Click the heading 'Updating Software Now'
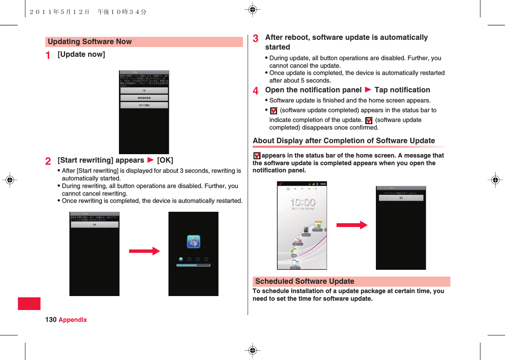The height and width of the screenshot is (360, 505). pyautogui.click(x=90, y=42)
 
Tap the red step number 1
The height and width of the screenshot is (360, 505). pyautogui.click(x=49, y=55)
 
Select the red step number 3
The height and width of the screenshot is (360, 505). pyautogui.click(x=256, y=39)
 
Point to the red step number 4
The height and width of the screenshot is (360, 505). pyautogui.click(x=256, y=91)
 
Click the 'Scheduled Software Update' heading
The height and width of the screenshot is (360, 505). pyautogui.click(x=305, y=281)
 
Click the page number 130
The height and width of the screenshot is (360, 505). pyautogui.click(x=51, y=320)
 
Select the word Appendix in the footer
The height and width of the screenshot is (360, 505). pyautogui.click(x=73, y=320)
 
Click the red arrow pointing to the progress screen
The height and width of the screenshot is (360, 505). pyautogui.click(x=144, y=252)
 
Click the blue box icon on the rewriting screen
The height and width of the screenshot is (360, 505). pyautogui.click(x=193, y=241)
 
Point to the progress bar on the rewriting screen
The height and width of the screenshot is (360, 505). pyautogui.click(x=193, y=265)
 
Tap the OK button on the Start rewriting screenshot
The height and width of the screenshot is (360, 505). pyautogui.click(x=94, y=224)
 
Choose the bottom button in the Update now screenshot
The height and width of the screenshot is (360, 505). pyautogui.click(x=144, y=105)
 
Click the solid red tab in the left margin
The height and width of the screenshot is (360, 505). pyautogui.click(x=29, y=304)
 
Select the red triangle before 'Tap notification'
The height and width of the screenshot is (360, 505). pyautogui.click(x=368, y=90)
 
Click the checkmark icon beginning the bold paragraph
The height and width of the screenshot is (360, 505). pyautogui.click(x=257, y=156)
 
